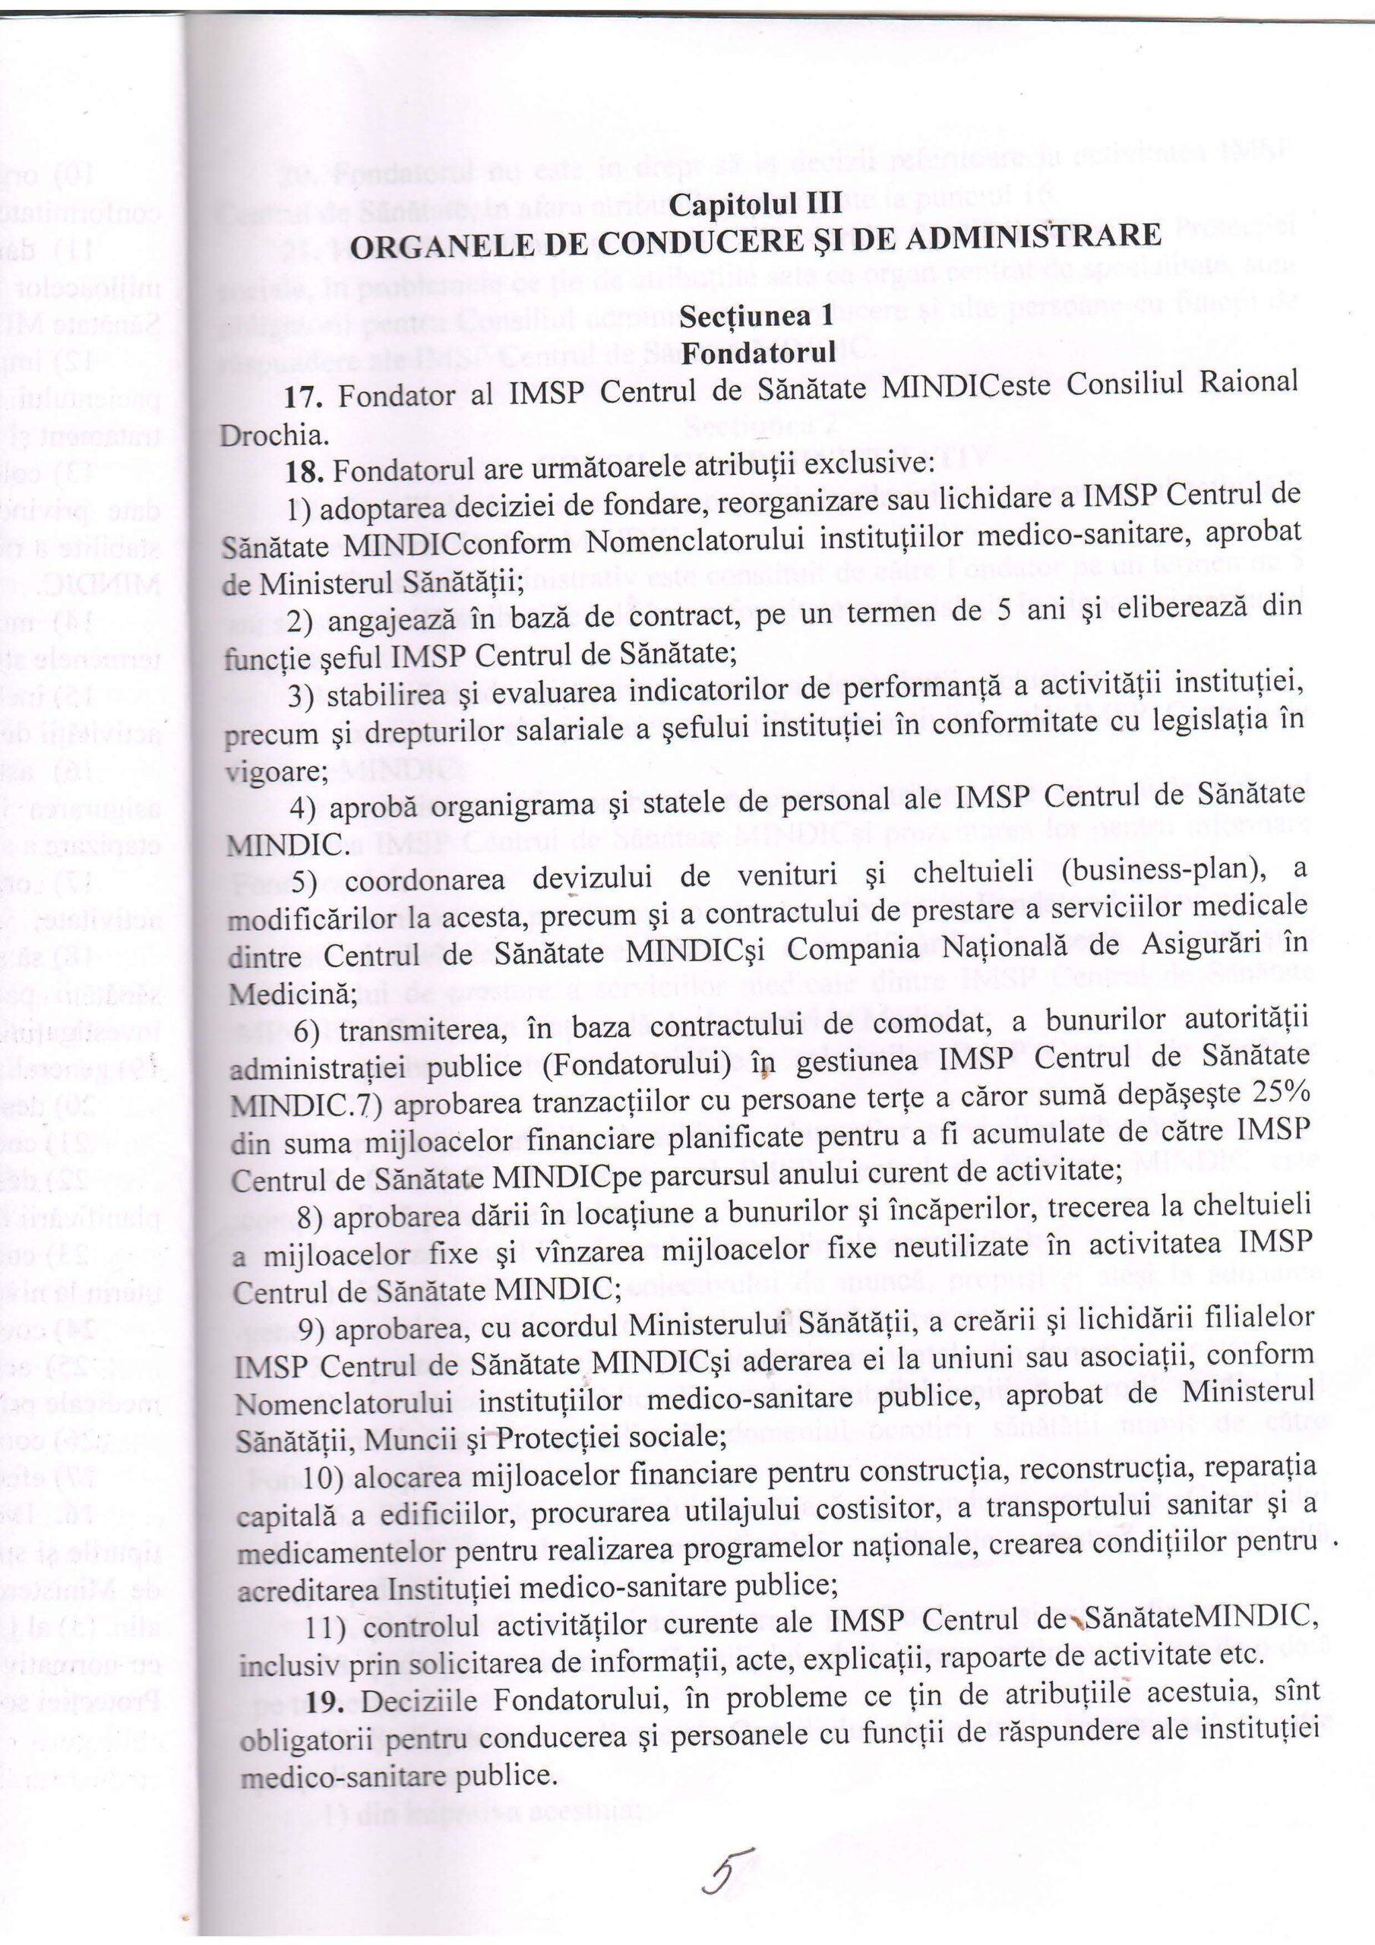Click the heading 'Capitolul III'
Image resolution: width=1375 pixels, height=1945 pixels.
(x=756, y=204)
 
